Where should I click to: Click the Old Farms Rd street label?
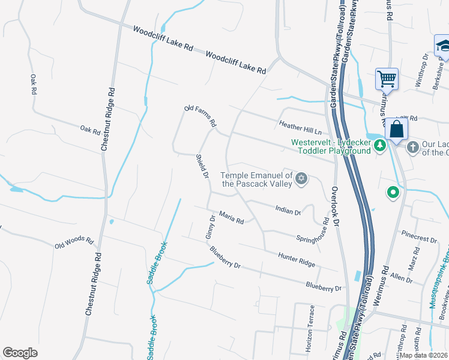(x=200, y=116)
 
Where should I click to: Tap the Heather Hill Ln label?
(x=300, y=127)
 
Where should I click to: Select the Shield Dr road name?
(x=202, y=167)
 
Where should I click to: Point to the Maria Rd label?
(x=231, y=217)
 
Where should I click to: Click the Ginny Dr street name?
(x=210, y=227)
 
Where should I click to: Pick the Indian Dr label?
(x=288, y=209)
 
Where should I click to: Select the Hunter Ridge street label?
(x=297, y=259)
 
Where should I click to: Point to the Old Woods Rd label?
(x=74, y=242)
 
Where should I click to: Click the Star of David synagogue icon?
(x=302, y=178)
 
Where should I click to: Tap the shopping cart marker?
(x=387, y=79)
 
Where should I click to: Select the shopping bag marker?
(x=397, y=129)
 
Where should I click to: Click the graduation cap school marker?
(x=444, y=46)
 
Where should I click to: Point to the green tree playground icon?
(x=379, y=146)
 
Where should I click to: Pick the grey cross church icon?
(x=412, y=146)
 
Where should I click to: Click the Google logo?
(x=20, y=353)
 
